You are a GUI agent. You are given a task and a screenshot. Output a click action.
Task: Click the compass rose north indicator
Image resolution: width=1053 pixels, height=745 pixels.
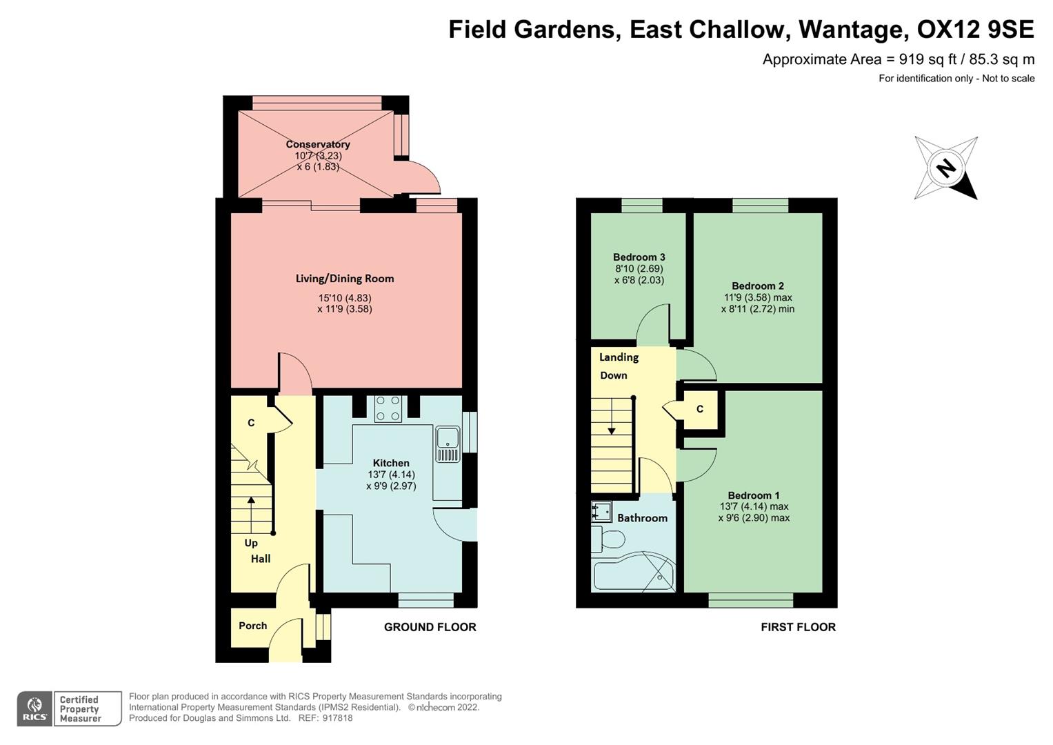(x=945, y=168)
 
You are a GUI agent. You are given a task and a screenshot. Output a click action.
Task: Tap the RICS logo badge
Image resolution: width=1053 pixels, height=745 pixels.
(x=34, y=708)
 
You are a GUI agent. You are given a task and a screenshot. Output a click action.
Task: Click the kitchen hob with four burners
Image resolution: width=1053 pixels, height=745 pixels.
(x=388, y=408)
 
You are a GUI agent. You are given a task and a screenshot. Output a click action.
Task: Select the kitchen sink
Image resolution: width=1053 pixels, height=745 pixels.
(x=448, y=444)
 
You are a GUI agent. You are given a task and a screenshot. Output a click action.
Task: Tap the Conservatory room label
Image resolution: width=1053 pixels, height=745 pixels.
(x=318, y=144)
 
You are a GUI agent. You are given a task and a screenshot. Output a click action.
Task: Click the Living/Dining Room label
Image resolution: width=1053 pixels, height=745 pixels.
(x=345, y=279)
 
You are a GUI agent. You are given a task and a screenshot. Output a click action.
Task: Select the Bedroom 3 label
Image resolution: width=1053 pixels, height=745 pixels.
(x=639, y=257)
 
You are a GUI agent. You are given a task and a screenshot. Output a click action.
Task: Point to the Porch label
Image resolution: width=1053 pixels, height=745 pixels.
(x=252, y=626)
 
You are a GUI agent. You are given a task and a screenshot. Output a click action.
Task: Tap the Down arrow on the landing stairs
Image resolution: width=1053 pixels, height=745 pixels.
(x=612, y=430)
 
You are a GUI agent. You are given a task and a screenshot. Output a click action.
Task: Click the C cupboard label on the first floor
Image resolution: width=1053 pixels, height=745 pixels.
(x=699, y=409)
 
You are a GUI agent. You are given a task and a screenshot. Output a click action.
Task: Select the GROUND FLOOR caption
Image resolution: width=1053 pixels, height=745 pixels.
(x=430, y=627)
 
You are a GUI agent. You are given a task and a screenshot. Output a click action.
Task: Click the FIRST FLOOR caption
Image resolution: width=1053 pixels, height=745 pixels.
(x=798, y=627)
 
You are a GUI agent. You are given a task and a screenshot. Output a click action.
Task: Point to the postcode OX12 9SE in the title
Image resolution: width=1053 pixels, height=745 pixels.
(x=975, y=30)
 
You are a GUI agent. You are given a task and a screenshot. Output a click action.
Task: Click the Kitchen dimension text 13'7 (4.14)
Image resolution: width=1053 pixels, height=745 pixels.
(x=391, y=475)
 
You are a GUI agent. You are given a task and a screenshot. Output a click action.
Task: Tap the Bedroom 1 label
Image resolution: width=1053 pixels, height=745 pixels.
(x=753, y=495)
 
